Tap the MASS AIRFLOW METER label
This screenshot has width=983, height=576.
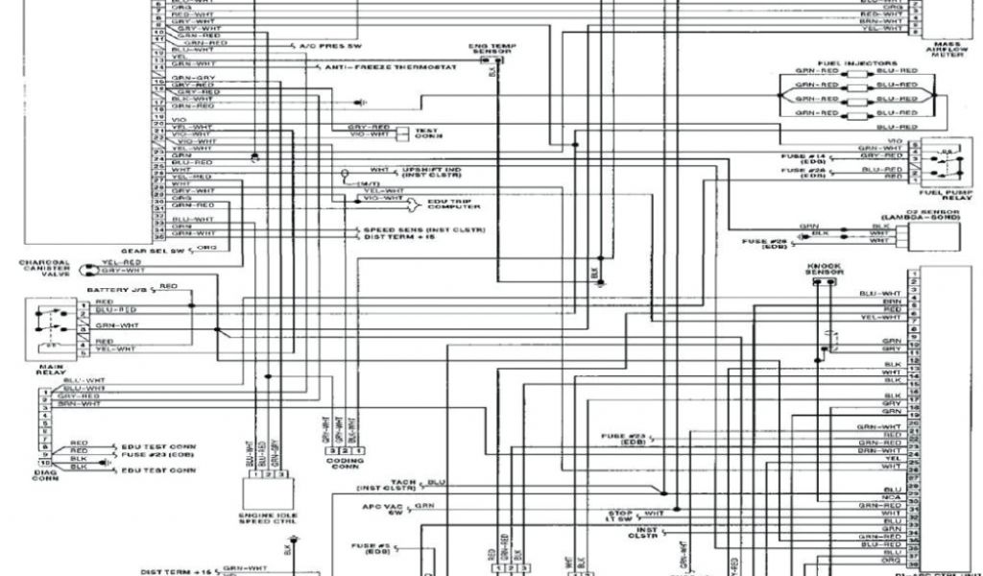(x=946, y=49)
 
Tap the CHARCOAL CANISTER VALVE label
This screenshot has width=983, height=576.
(x=44, y=268)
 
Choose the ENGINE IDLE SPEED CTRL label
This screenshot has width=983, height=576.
(x=263, y=522)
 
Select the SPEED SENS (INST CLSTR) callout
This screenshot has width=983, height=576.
(x=422, y=230)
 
